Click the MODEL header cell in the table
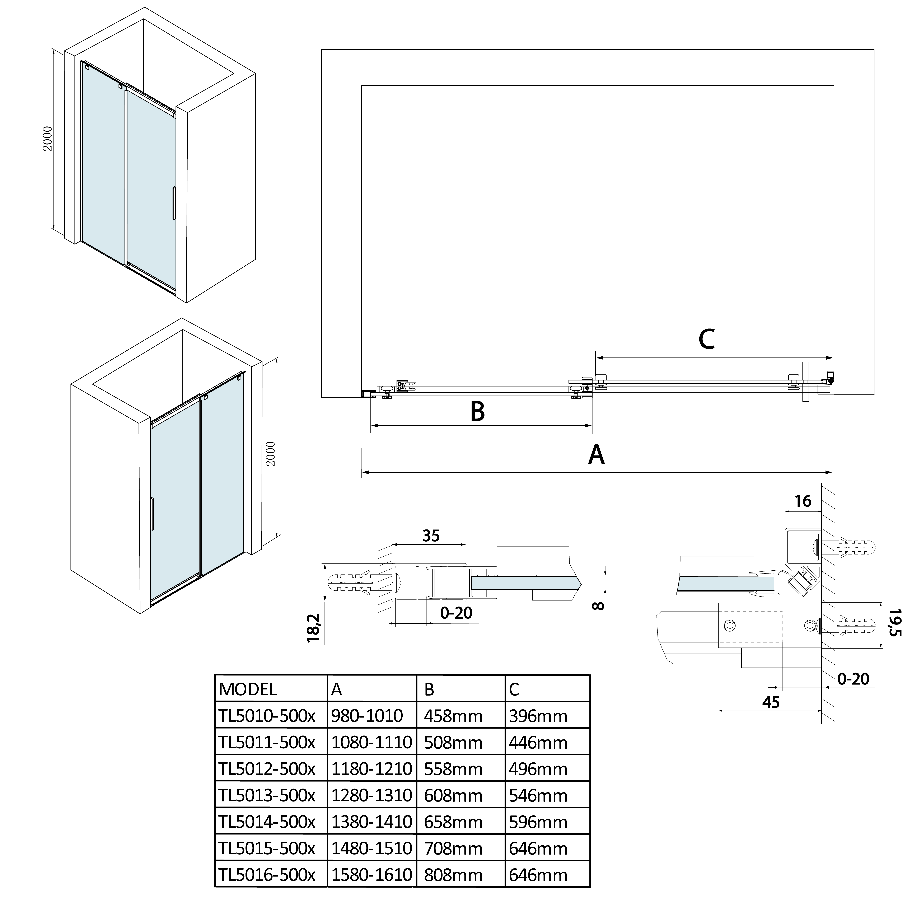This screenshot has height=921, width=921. tap(247, 689)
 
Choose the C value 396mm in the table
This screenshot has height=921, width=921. tap(538, 716)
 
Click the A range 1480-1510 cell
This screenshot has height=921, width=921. tap(371, 848)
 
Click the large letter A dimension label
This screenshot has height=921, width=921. tap(596, 454)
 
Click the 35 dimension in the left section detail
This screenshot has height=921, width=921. tap(430, 536)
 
